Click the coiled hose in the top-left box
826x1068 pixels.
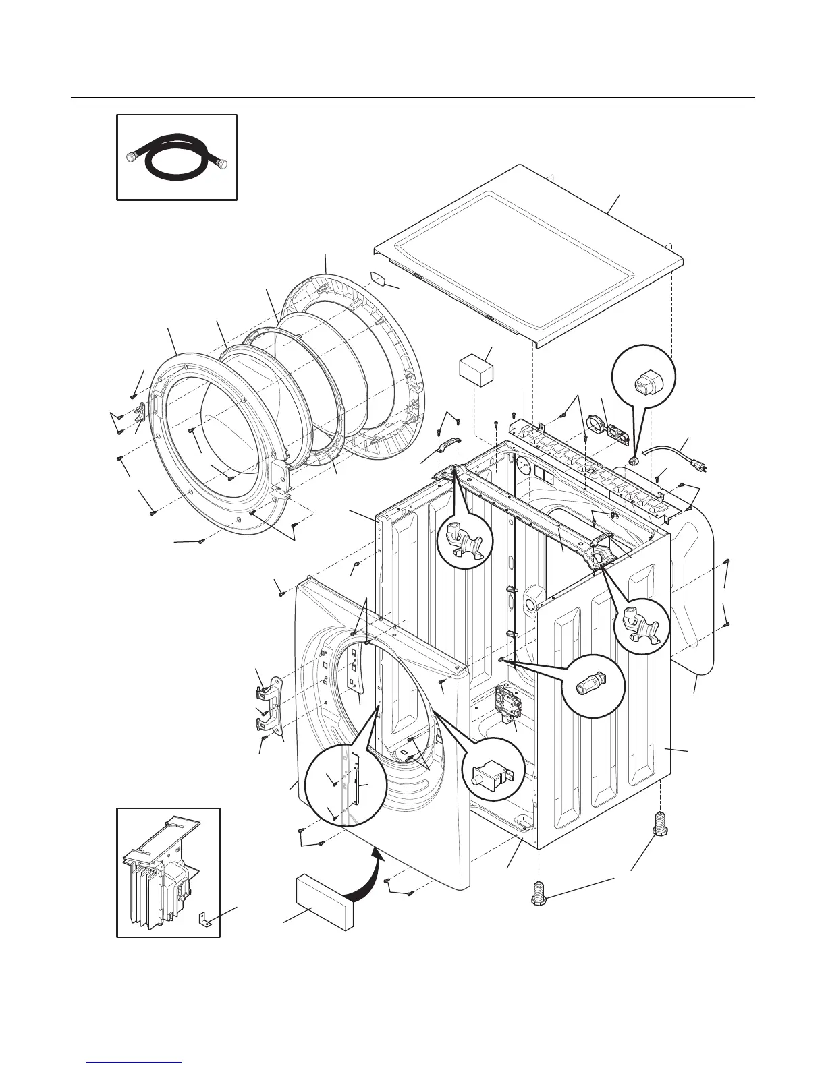click(177, 158)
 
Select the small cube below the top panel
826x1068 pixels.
click(476, 371)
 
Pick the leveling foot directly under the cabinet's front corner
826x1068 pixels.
click(539, 892)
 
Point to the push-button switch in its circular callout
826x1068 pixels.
click(492, 777)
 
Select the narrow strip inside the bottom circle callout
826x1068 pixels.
click(353, 786)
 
